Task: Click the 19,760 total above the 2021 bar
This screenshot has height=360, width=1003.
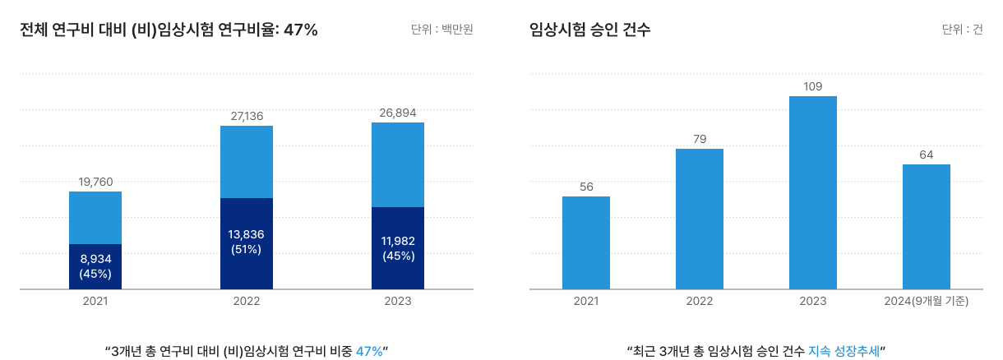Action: coord(95,182)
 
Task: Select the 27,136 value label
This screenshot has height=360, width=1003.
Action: coord(247,116)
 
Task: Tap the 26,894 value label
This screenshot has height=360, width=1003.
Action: coord(398,113)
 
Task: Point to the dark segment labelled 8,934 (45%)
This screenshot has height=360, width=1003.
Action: coord(95,266)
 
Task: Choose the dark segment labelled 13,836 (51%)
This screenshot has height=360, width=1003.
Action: coord(247,243)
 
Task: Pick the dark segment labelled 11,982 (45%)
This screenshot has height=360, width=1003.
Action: coord(398,248)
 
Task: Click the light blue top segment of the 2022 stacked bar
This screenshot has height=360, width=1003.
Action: coord(247,162)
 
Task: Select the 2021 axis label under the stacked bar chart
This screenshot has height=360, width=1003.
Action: coord(95,302)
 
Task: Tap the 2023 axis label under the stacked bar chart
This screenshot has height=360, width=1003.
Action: coord(398,302)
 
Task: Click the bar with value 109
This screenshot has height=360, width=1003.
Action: coord(813,192)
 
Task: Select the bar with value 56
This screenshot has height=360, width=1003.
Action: coord(586,242)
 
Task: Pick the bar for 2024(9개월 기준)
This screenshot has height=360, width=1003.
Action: coord(927,227)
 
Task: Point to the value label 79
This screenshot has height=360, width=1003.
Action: coord(700,139)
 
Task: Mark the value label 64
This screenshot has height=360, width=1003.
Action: coord(927,155)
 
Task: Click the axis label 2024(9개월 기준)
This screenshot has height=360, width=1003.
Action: coord(927,302)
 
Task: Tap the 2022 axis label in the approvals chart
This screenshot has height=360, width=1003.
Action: coord(700,302)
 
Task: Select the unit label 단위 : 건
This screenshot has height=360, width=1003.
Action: coord(962,30)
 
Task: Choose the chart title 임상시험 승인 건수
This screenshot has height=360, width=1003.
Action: coord(590,30)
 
